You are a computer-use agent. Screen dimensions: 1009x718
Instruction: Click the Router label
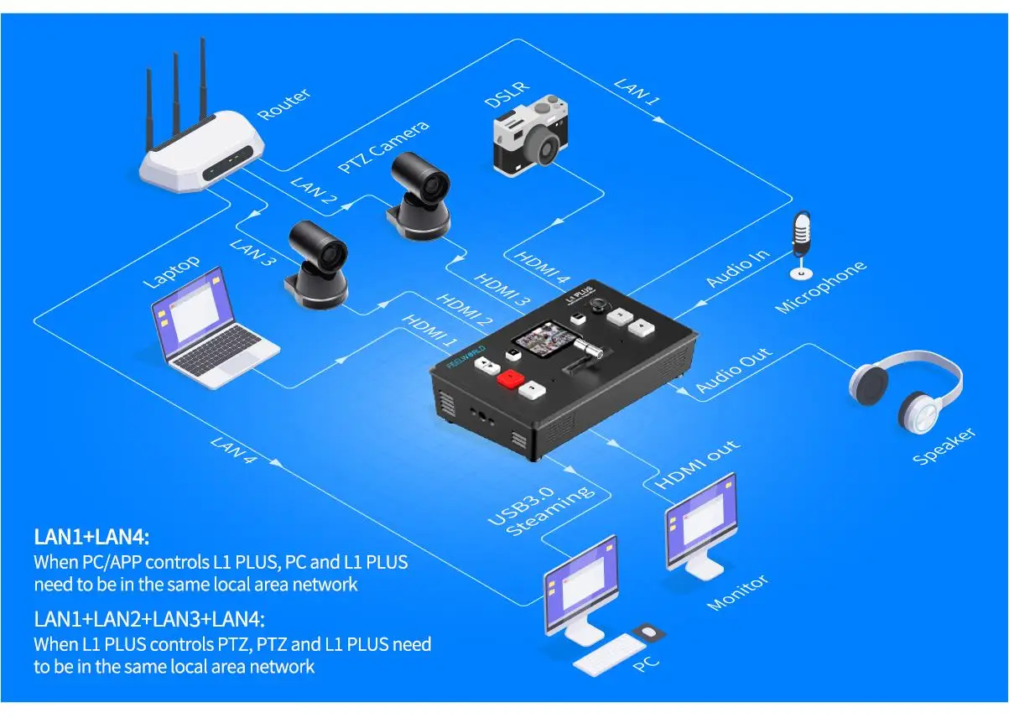(283, 104)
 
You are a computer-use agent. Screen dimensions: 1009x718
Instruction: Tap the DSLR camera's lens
(544, 148)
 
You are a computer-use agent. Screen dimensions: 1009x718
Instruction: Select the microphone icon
(801, 246)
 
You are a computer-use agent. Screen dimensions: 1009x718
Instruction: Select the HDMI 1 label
(429, 331)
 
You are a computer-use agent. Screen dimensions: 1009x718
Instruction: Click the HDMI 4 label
(542, 267)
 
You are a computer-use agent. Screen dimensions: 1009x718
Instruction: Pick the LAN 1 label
(637, 92)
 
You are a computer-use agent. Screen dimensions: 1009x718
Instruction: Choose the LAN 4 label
(233, 450)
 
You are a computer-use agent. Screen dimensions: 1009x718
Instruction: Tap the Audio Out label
(734, 370)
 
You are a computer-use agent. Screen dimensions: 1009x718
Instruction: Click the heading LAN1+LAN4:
(91, 537)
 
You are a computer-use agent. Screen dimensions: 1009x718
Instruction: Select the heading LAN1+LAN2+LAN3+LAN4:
(149, 619)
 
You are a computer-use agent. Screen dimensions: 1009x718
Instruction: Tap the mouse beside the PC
(648, 632)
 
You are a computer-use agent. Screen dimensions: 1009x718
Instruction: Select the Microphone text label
(821, 287)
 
